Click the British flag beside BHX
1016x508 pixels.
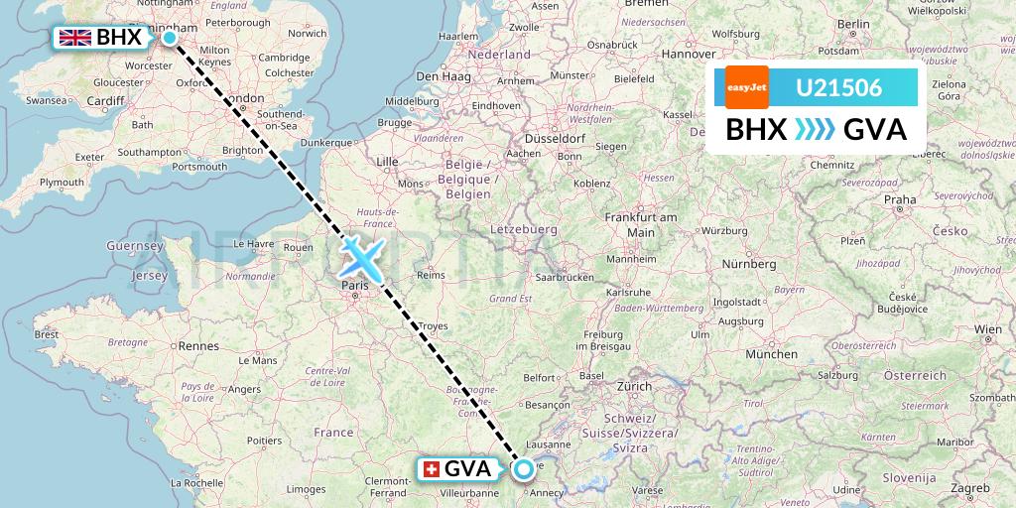pos(74,38)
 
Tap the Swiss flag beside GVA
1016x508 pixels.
pos(431,468)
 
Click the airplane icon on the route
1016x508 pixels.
pos(361,258)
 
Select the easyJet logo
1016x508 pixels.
pos(747,87)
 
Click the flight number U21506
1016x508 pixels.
pos(839,87)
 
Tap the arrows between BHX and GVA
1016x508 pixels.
pos(815,130)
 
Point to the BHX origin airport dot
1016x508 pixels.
pos(170,38)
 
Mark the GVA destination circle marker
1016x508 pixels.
pos(523,468)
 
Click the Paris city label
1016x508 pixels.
pos(354,285)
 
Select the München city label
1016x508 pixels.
pos(773,354)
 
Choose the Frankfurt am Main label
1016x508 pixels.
pos(641,224)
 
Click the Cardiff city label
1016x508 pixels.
pos(104,100)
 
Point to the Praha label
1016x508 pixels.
pos(900,199)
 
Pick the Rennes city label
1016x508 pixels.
pos(198,346)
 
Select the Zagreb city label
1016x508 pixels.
pos(970,488)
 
